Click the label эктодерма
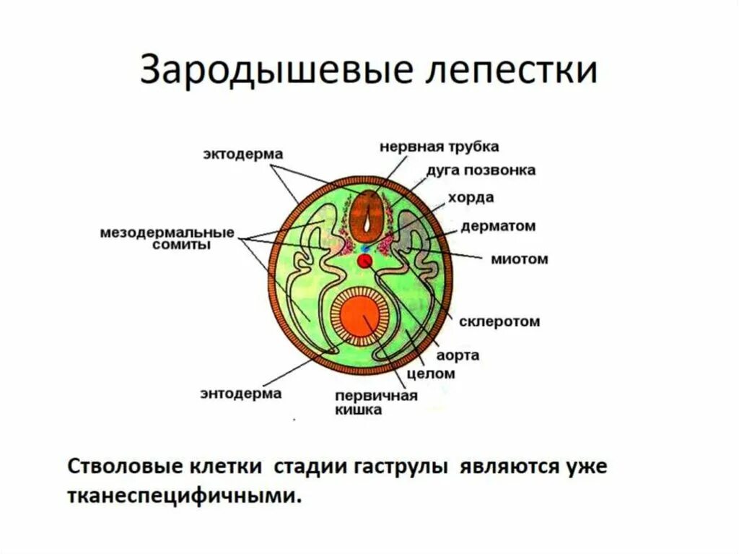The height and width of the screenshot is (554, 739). [241, 154]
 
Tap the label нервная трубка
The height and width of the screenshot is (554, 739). [439, 147]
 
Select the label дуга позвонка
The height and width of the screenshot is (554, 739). [481, 170]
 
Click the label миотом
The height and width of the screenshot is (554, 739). [520, 258]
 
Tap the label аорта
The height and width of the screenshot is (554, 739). [458, 356]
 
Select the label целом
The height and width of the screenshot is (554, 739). [431, 373]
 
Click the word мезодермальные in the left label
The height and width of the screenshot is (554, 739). [167, 233]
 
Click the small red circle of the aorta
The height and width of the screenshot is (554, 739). [365, 262]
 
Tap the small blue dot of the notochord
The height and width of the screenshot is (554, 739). [364, 248]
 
